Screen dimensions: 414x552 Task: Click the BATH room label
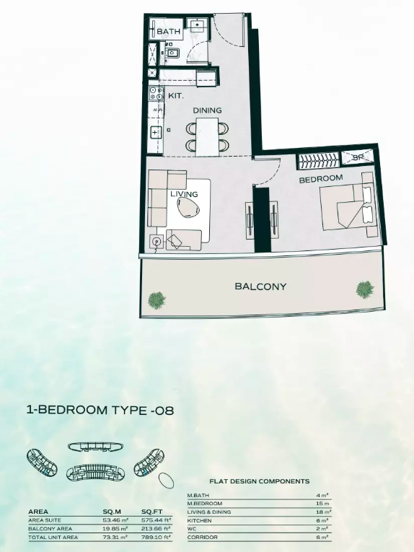pyautogui.click(x=169, y=31)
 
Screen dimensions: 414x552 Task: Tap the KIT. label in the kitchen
pyautogui.click(x=175, y=95)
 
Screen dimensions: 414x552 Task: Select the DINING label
pyautogui.click(x=207, y=110)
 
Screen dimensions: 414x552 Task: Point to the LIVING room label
pyautogui.click(x=184, y=194)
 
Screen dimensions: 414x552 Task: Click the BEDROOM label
pyautogui.click(x=321, y=179)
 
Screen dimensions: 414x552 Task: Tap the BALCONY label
pyautogui.click(x=260, y=286)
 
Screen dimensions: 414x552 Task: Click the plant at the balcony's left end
pyautogui.click(x=157, y=300)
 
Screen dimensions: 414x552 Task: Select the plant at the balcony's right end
pyautogui.click(x=365, y=289)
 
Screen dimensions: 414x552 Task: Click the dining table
pyautogui.click(x=207, y=137)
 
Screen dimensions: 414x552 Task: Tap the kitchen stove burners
pyautogui.click(x=157, y=93)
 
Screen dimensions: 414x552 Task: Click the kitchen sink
pyautogui.click(x=155, y=133)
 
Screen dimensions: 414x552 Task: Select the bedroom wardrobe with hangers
pyautogui.click(x=320, y=161)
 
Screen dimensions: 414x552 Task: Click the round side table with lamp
pyautogui.click(x=156, y=242)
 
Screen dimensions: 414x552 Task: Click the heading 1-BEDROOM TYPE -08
pyautogui.click(x=100, y=410)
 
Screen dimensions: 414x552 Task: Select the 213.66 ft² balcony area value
pyautogui.click(x=157, y=528)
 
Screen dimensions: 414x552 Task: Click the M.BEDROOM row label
pyautogui.click(x=205, y=504)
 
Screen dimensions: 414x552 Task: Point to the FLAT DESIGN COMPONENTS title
pyautogui.click(x=260, y=481)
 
